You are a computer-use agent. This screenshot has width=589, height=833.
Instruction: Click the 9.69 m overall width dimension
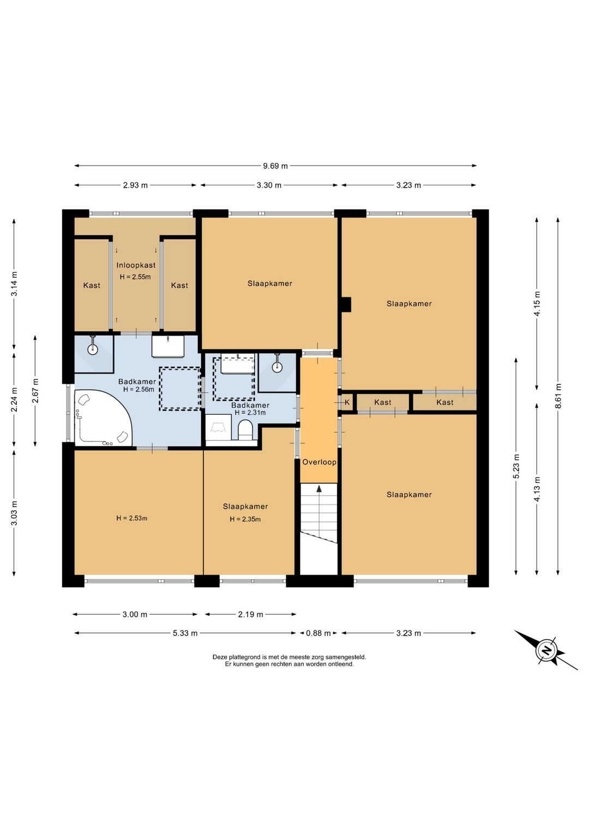pos(275,166)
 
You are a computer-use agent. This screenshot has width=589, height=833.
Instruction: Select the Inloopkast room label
pos(136,265)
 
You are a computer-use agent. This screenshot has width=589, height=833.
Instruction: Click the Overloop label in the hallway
pos(319,462)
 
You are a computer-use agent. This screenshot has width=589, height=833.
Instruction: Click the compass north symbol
pos(546,651)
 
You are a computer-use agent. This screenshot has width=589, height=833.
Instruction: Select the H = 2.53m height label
pos(132,518)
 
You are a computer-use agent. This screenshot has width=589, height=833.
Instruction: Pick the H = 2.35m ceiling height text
pos(245,519)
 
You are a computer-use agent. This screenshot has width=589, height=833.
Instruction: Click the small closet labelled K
pos(347,402)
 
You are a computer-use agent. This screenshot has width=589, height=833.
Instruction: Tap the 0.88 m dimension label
pos(318,633)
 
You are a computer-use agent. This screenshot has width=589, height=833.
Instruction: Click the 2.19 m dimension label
pos(250,614)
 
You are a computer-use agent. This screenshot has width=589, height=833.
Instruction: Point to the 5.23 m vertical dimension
pos(516,467)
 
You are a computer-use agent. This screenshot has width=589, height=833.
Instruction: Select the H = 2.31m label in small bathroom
pos(250,413)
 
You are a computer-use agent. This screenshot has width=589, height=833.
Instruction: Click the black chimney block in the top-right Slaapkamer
pos(346,304)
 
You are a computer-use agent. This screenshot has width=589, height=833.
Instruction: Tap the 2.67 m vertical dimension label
pos(35,390)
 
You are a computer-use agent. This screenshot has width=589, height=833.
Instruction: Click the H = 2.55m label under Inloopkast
pos(135,277)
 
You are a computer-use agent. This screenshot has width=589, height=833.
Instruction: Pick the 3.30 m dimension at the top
pos(269,185)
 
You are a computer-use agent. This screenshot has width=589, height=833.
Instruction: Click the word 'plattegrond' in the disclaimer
pos(241,657)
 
